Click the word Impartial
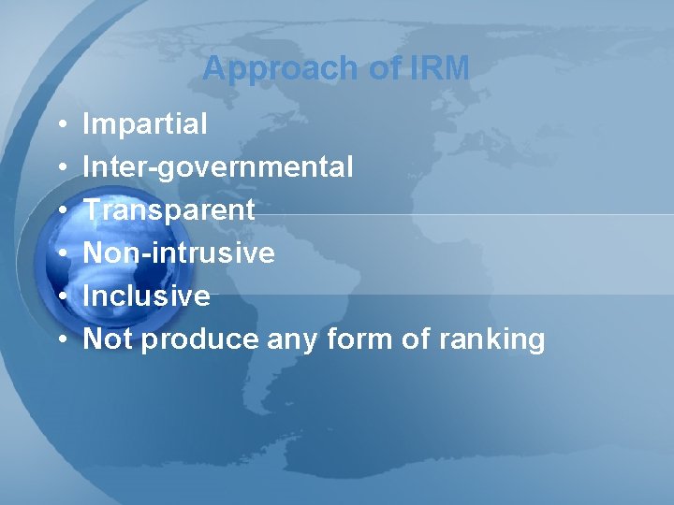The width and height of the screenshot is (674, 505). tap(145, 124)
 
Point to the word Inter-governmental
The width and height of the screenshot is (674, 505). tap(218, 167)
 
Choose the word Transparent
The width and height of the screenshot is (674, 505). tap(169, 210)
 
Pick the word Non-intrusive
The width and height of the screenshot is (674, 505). tap(179, 252)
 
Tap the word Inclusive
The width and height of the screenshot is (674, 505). tap(146, 296)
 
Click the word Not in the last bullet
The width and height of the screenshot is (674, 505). tap(108, 339)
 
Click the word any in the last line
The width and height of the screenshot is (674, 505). tap(293, 339)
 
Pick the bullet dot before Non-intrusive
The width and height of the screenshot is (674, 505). tap(60, 253)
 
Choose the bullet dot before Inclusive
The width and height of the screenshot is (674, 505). tap(60, 296)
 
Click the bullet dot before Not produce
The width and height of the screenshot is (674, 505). tap(60, 339)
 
